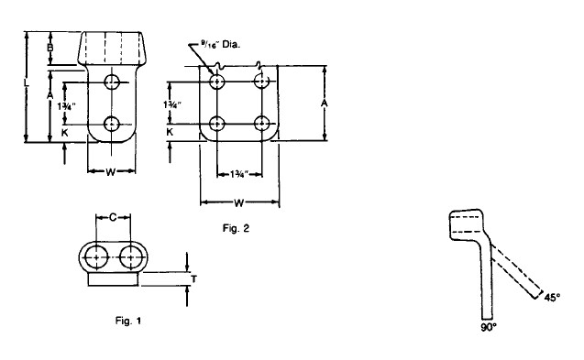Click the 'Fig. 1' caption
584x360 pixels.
pos(128,321)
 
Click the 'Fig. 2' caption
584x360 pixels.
pos(236,228)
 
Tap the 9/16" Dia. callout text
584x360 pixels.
pos(220,45)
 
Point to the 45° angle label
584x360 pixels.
pos(552,298)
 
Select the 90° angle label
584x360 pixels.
pos(489,327)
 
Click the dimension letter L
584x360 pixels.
pos(26,82)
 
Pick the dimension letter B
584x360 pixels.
pos(50,48)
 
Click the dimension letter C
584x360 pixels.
pos(114,217)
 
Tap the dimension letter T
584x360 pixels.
pos(193,278)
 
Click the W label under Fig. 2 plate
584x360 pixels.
pos(238,202)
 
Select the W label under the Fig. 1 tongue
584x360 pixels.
pos(111,172)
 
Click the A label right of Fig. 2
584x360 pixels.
pos(325,104)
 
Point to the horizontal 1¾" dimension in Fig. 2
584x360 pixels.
pos(238,174)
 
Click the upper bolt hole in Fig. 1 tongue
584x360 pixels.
pos(112,82)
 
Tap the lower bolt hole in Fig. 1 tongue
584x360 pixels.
pos(111,124)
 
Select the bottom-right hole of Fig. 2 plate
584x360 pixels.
pos(262,124)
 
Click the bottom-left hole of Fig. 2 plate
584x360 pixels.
pos(216,124)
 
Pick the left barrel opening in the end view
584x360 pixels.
pos(96,257)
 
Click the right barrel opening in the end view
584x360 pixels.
pos(131,257)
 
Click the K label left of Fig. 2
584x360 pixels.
pos(170,132)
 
